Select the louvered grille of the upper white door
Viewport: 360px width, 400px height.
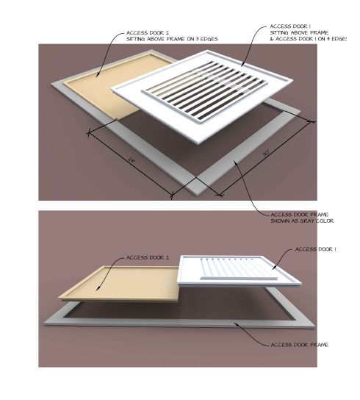198,91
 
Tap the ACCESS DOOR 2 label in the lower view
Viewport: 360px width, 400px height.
148,258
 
